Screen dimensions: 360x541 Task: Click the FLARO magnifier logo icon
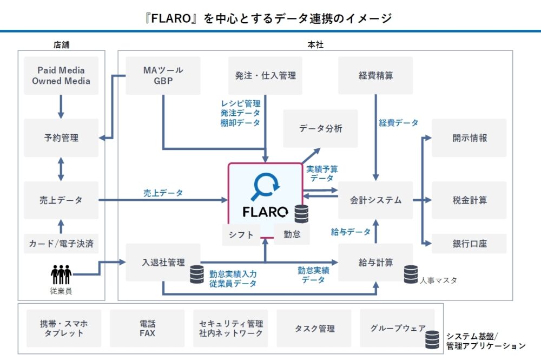pos(265,186)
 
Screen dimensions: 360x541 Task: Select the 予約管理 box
pos(61,138)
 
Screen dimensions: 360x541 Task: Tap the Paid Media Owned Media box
pos(61,76)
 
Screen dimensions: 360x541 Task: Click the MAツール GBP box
pos(163,76)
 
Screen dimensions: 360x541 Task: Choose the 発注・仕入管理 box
pos(265,76)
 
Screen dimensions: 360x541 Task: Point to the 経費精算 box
pos(375,76)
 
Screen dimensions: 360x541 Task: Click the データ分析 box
pos(320,129)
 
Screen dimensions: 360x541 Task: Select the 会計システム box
pos(375,200)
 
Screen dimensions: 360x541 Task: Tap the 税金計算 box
pos(469,200)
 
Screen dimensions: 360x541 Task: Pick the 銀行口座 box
pos(469,244)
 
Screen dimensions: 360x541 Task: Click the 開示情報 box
pos(469,138)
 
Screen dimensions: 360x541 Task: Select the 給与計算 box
pos(375,263)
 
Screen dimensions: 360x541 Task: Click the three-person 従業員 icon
pos(61,274)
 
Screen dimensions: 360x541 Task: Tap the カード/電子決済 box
pos(61,244)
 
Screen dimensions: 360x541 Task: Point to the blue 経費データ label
pos(399,123)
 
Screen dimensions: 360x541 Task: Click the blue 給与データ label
pos(351,232)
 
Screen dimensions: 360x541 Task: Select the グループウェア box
pos(397,329)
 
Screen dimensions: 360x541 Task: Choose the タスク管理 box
pos(314,329)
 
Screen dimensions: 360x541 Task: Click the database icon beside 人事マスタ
pos(411,274)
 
